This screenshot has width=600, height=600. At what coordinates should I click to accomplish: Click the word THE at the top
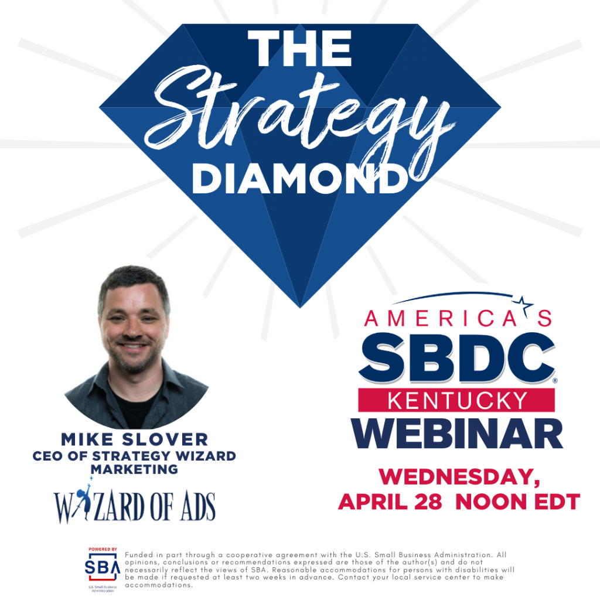tap(299, 48)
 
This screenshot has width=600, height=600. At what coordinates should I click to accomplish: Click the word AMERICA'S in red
tap(458, 318)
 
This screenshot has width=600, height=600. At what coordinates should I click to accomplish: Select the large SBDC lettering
tap(457, 357)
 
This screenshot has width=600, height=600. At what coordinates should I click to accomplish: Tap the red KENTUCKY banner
tap(456, 400)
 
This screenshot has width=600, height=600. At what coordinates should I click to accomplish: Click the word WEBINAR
tap(457, 433)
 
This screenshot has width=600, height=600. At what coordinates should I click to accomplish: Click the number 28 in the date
tap(428, 502)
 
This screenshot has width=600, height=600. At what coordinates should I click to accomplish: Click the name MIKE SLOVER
tap(135, 439)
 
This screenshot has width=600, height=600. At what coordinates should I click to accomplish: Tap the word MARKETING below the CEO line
tap(134, 469)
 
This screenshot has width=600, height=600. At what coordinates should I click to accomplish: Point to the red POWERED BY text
tap(103, 550)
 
